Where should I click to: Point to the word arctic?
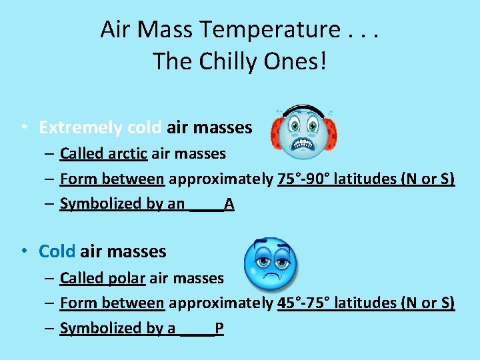click(127, 153)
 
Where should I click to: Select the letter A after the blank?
click(229, 204)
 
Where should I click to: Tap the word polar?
click(126, 278)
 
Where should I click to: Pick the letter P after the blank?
click(219, 328)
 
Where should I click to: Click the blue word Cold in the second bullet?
click(57, 251)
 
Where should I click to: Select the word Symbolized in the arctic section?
click(100, 204)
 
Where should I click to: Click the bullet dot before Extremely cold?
click(23, 127)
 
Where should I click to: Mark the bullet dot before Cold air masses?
click(23, 251)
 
